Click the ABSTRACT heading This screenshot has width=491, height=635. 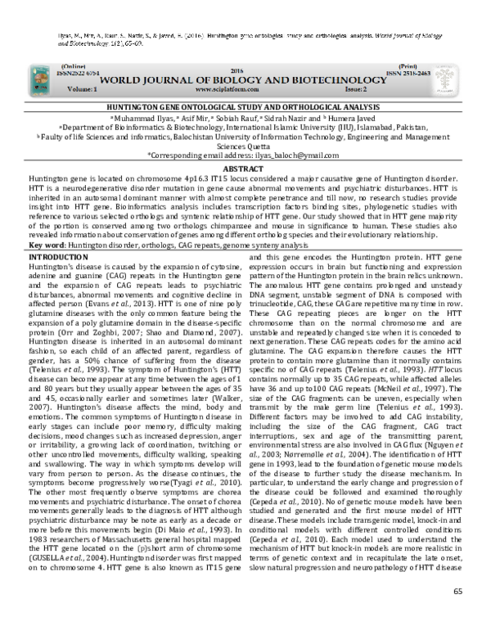coord(245,167)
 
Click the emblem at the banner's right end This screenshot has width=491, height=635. coord(455,78)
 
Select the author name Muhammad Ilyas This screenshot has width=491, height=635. coord(145,118)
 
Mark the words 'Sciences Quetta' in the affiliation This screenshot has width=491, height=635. coord(245,145)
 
